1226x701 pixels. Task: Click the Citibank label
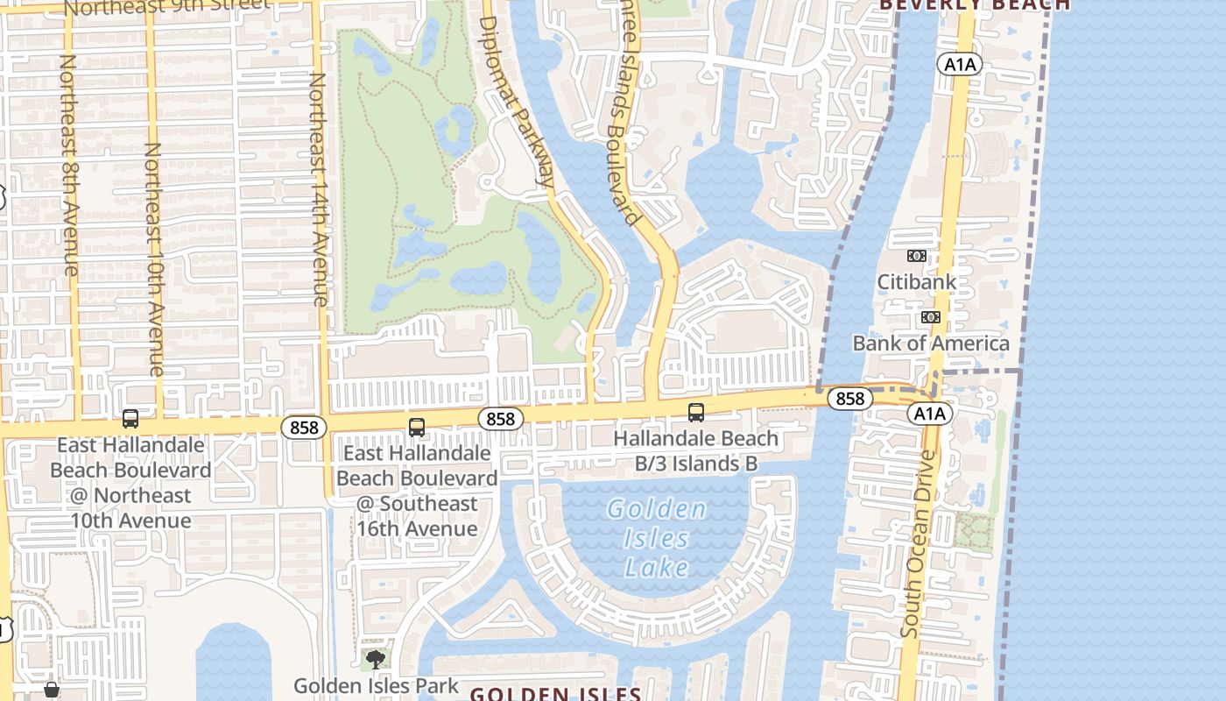(x=917, y=281)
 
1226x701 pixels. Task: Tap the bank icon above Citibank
(x=917, y=256)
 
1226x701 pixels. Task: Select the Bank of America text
(x=931, y=343)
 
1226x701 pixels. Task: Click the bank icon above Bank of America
(x=931, y=316)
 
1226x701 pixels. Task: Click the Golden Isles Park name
(x=376, y=685)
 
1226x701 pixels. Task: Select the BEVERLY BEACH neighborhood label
(x=974, y=4)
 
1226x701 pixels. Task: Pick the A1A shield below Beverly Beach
(x=960, y=64)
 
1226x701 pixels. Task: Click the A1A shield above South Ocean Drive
(x=929, y=414)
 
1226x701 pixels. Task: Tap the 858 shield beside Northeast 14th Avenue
(x=304, y=427)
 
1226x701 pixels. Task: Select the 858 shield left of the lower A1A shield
(x=849, y=399)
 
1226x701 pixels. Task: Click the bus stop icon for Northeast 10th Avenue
(x=130, y=419)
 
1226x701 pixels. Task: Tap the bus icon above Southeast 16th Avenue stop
(x=417, y=428)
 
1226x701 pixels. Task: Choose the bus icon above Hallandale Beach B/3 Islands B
(x=696, y=412)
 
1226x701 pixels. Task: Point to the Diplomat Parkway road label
(x=519, y=101)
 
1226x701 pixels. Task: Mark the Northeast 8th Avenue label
(x=69, y=165)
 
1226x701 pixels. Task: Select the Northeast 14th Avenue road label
(x=318, y=188)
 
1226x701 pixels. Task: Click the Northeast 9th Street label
(x=166, y=7)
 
